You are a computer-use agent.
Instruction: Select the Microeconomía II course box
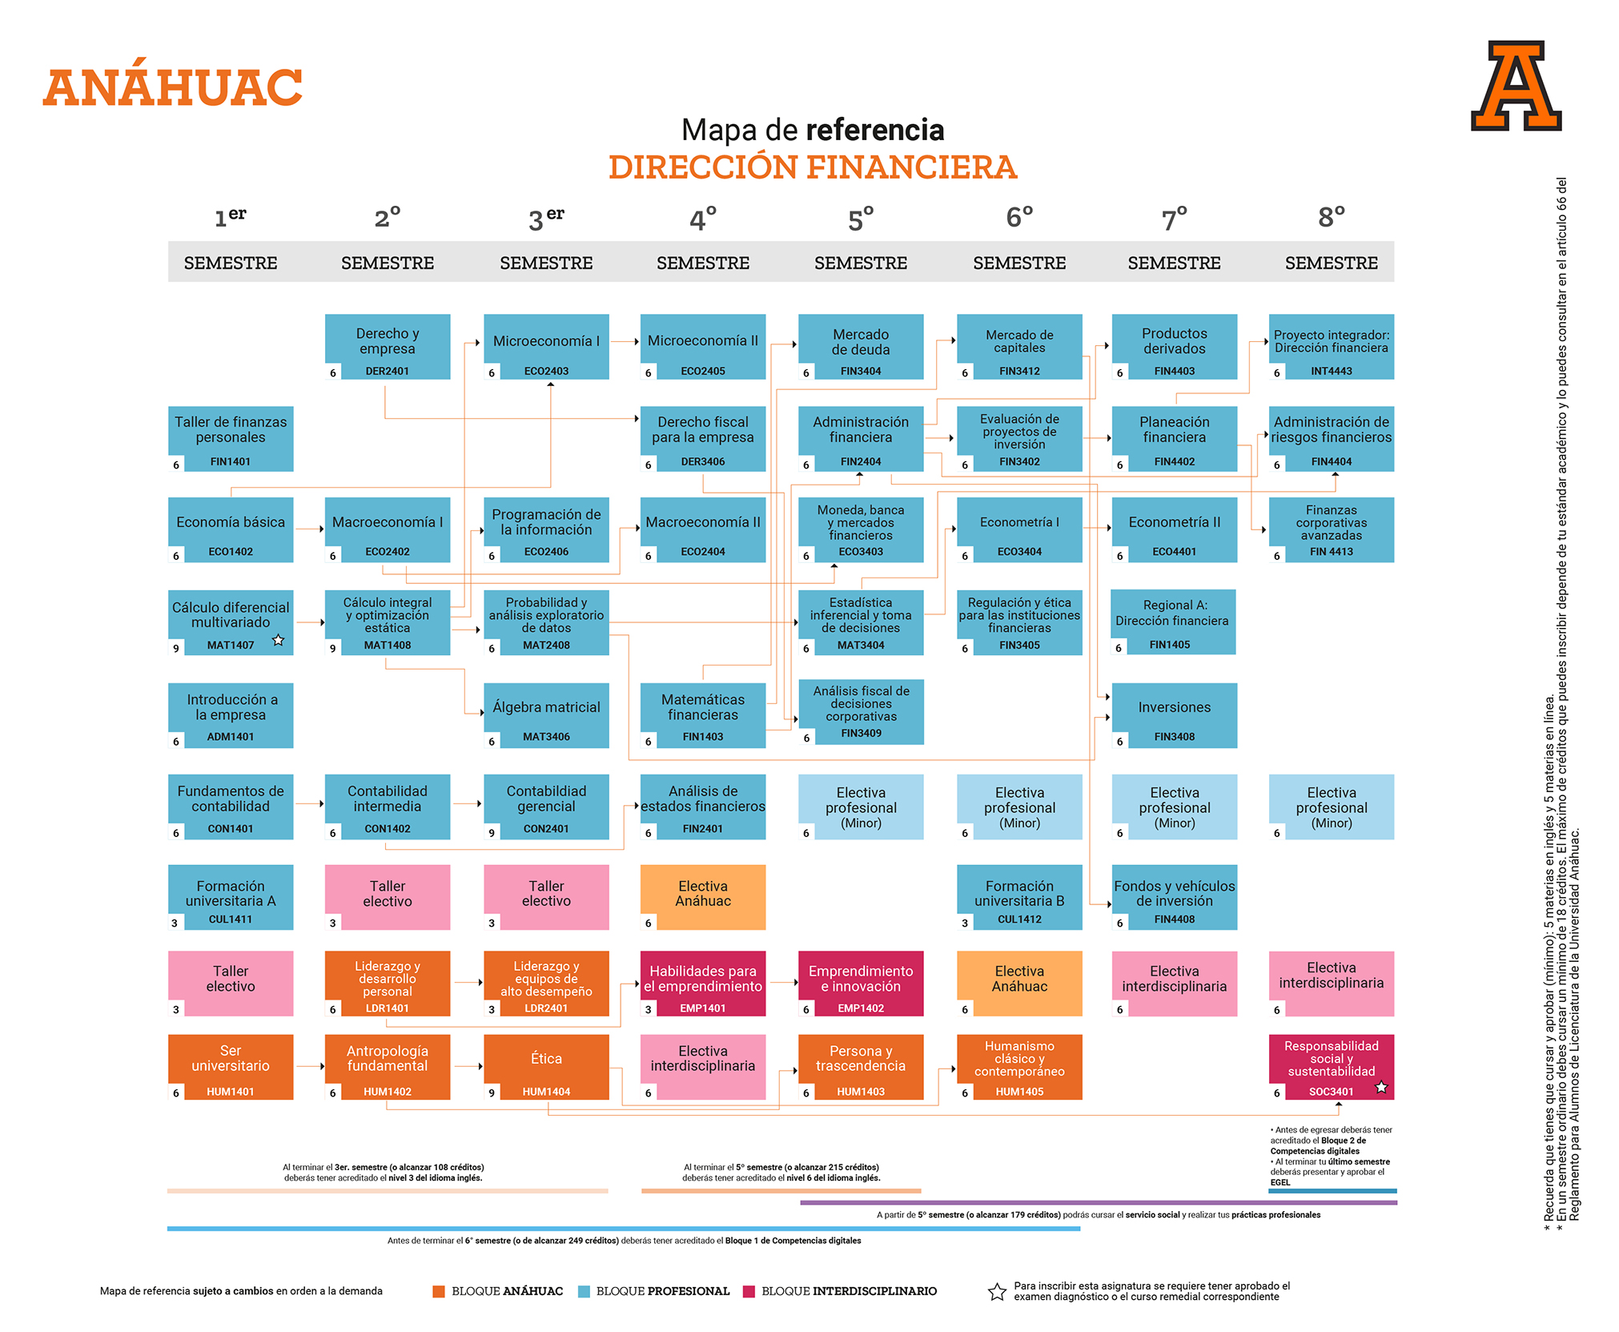[702, 346]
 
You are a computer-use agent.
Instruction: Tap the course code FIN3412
[1018, 371]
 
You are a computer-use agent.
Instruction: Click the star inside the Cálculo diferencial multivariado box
[278, 640]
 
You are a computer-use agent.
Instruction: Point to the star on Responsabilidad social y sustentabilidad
[1380, 1087]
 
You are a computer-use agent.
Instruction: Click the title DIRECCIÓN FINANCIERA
[812, 167]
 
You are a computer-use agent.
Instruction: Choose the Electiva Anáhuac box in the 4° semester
[702, 896]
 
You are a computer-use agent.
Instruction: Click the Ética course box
[546, 1066]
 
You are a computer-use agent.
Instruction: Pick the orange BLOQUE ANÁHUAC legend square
[438, 1291]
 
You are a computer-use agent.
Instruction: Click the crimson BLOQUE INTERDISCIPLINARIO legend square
[749, 1291]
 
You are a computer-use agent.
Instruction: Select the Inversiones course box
[1174, 714]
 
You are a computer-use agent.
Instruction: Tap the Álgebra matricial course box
[546, 714]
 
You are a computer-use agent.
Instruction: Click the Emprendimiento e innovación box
[860, 983]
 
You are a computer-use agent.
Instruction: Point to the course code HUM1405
[1018, 1092]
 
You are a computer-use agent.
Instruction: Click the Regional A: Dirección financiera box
[1172, 622]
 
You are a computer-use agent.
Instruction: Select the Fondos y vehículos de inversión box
[1174, 896]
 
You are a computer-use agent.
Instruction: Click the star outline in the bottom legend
[996, 1291]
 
